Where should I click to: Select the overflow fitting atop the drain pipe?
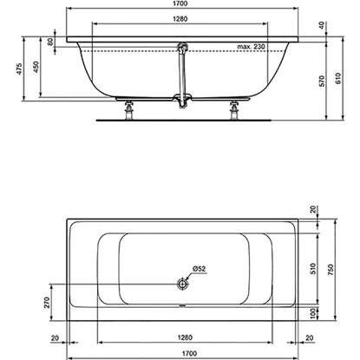pos(182,45)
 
